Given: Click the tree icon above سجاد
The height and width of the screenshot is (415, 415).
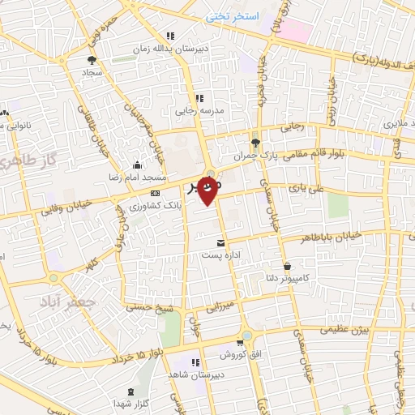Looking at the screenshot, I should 92,60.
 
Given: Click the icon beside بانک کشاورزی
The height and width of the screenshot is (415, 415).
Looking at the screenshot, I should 155,193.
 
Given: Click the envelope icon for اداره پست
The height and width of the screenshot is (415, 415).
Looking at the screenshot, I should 220,243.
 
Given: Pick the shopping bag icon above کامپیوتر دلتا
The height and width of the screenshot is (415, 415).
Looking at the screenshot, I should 288,266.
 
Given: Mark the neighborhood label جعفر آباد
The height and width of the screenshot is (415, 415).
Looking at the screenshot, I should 67,301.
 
